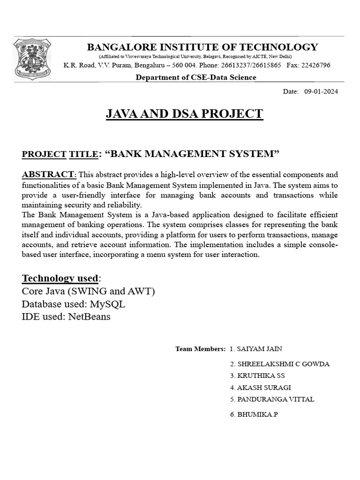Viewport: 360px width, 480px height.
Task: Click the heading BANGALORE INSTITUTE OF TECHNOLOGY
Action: (202, 47)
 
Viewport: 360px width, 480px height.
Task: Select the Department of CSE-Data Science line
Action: (195, 77)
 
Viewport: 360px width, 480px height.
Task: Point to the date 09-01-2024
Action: (321, 91)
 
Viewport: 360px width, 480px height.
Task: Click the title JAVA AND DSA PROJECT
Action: (184, 114)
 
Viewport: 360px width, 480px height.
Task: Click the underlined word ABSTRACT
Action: (48, 174)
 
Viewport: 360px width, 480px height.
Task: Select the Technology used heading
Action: (60, 279)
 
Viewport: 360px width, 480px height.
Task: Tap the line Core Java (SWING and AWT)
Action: (88, 292)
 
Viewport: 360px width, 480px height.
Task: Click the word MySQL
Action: (108, 304)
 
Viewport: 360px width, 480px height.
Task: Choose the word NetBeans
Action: (89, 316)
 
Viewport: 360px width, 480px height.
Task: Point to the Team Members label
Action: (200, 349)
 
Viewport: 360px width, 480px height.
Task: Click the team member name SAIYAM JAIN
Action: (260, 349)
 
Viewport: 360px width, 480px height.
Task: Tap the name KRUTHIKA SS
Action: (263, 376)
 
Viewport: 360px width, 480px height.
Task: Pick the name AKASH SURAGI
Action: (264, 388)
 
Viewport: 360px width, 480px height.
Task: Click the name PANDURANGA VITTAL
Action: (276, 399)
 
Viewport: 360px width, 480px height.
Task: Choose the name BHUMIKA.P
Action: (257, 415)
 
